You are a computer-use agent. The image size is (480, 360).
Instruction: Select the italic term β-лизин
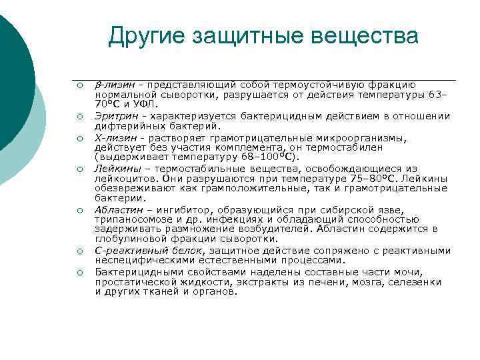(114, 85)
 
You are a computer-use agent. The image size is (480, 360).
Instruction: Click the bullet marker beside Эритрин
(79, 117)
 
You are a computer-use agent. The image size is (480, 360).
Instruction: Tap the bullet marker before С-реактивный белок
(79, 251)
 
